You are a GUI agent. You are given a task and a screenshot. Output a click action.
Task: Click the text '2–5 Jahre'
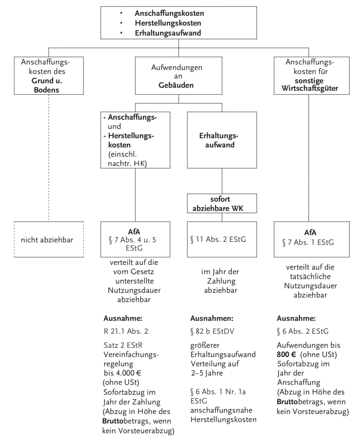coord(205,373)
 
